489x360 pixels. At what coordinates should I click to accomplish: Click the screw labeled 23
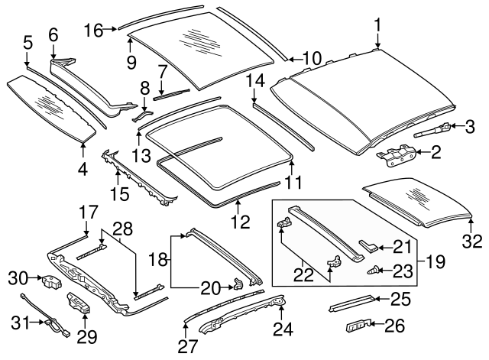(376, 269)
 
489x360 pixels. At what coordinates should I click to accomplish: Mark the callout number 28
(123, 227)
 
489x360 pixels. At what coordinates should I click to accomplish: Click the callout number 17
(89, 212)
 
